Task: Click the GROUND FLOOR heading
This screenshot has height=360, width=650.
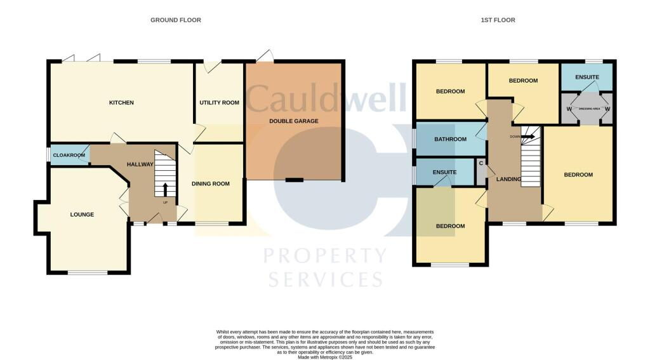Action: tap(175, 20)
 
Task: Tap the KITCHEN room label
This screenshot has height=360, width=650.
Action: tap(121, 103)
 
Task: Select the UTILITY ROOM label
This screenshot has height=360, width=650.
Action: tap(219, 103)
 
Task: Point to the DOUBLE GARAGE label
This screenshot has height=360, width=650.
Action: tap(294, 121)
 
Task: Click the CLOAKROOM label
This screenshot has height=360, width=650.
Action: tap(69, 155)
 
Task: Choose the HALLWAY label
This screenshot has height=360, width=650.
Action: tap(140, 164)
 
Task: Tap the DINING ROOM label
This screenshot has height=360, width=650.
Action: tap(211, 184)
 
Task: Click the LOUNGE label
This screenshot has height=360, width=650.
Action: tap(82, 215)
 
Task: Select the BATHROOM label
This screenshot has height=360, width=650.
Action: tap(450, 139)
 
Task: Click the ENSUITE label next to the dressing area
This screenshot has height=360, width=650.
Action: tap(587, 77)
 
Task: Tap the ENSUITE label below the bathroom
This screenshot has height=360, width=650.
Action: tap(444, 171)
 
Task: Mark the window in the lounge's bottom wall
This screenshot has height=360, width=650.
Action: tap(87, 273)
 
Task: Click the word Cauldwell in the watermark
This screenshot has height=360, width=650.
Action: tap(326, 98)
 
